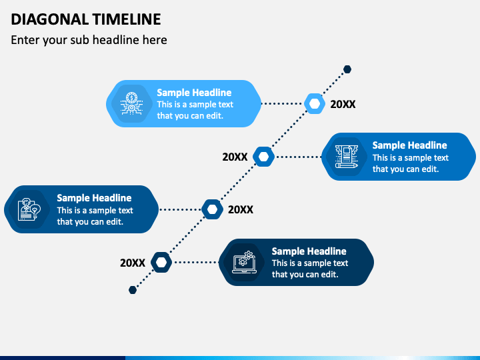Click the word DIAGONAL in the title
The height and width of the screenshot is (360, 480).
click(49, 19)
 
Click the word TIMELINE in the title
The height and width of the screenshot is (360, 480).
click(127, 19)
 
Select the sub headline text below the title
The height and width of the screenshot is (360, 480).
click(89, 40)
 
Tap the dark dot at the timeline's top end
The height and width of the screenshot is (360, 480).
click(347, 69)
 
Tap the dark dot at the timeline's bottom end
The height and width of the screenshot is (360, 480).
click(133, 290)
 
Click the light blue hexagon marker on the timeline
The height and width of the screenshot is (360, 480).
click(315, 104)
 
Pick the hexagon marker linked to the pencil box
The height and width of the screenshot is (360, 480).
click(263, 157)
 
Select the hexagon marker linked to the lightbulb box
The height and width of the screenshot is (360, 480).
click(213, 209)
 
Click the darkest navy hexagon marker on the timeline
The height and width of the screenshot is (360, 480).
click(161, 263)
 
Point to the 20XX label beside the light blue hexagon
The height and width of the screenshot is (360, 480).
click(343, 105)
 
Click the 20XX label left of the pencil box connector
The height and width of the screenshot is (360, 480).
click(235, 157)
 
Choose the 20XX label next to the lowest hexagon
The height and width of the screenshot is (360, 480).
click(133, 263)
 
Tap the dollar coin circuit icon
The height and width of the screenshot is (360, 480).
click(131, 103)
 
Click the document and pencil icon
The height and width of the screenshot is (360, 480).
click(347, 157)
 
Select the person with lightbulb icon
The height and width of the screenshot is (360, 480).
click(29, 209)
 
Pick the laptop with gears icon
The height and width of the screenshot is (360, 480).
click(244, 263)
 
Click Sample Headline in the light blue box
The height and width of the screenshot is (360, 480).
click(194, 93)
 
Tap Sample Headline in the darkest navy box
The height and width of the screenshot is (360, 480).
click(309, 251)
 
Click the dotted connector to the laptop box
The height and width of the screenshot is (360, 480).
click(195, 263)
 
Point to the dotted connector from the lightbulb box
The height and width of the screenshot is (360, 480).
click(180, 210)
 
